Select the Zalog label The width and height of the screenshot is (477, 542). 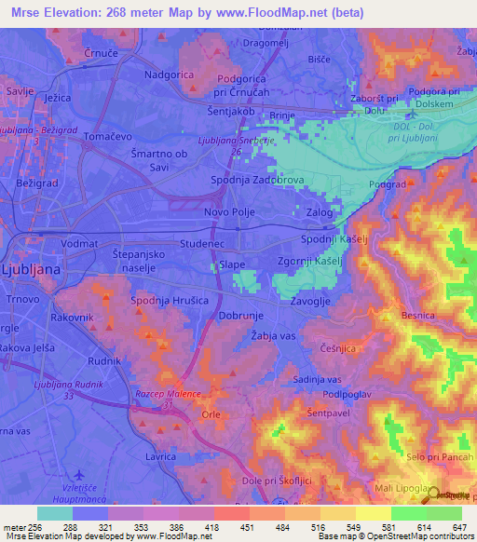320,212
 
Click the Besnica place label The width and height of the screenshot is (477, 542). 417,316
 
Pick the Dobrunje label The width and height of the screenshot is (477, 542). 218,317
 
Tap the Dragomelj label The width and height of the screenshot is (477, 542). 272,43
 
